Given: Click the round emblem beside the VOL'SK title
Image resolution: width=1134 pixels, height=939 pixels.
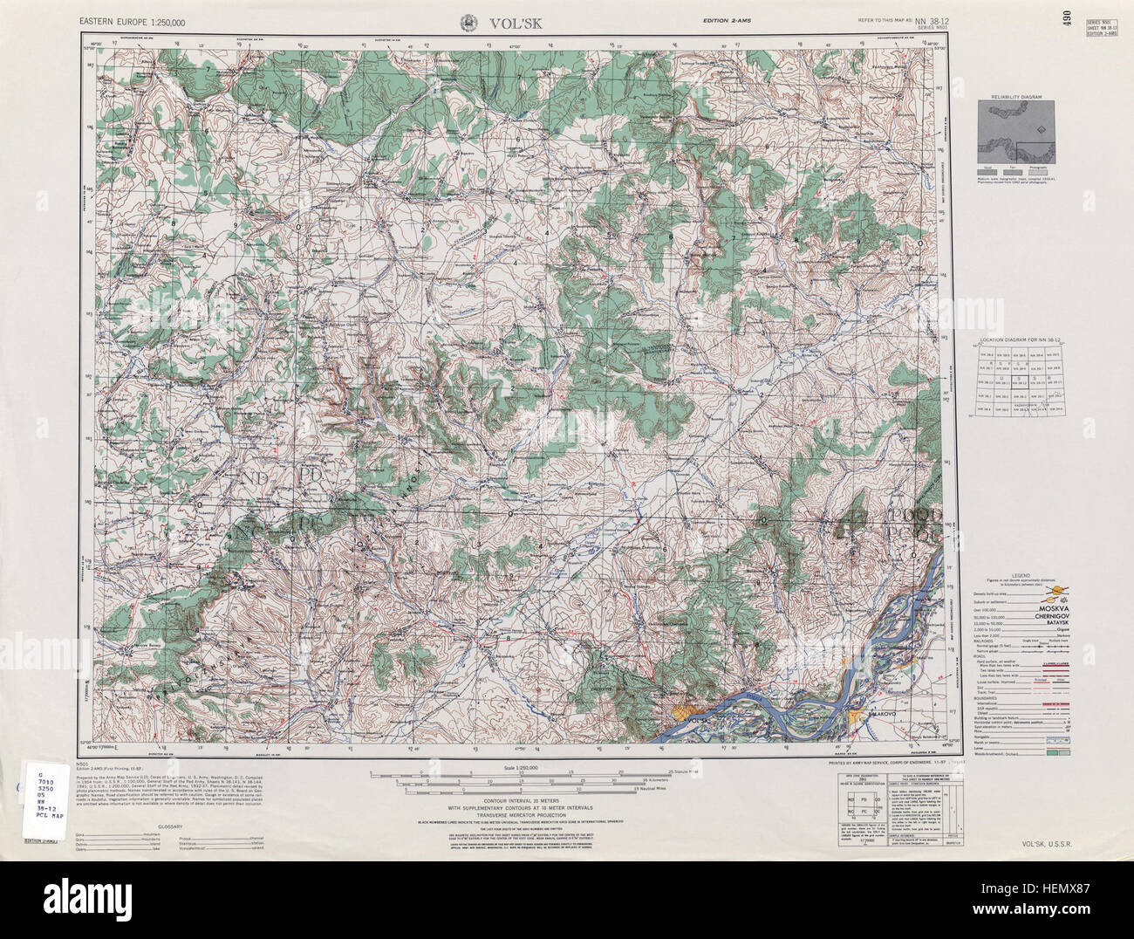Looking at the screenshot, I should (x=468, y=23).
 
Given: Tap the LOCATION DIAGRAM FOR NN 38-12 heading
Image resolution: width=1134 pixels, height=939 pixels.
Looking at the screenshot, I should (x=1016, y=338).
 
